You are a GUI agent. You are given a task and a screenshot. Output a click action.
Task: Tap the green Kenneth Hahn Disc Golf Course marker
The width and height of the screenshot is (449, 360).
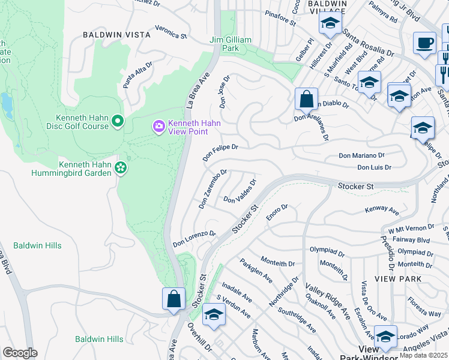tap(118, 122)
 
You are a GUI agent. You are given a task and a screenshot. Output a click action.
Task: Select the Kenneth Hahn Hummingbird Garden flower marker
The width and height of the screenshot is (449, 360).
tap(121, 168)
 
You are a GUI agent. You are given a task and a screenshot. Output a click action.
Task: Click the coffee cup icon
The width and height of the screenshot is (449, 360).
tap(424, 43)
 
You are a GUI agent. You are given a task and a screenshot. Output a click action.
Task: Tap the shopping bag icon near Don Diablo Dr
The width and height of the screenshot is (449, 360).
tap(306, 99)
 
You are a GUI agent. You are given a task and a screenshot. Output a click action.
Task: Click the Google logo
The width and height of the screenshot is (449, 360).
tap(20, 353)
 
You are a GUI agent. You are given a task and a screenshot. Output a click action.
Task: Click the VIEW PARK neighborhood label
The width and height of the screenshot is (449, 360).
tap(395, 279)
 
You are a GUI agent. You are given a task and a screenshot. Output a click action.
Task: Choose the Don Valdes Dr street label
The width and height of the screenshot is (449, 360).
tap(240, 191)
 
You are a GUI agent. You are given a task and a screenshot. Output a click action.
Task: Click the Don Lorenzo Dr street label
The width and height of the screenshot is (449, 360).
tap(194, 239)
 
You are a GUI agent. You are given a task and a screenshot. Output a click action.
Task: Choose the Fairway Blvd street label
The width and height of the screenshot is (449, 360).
tap(414, 239)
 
